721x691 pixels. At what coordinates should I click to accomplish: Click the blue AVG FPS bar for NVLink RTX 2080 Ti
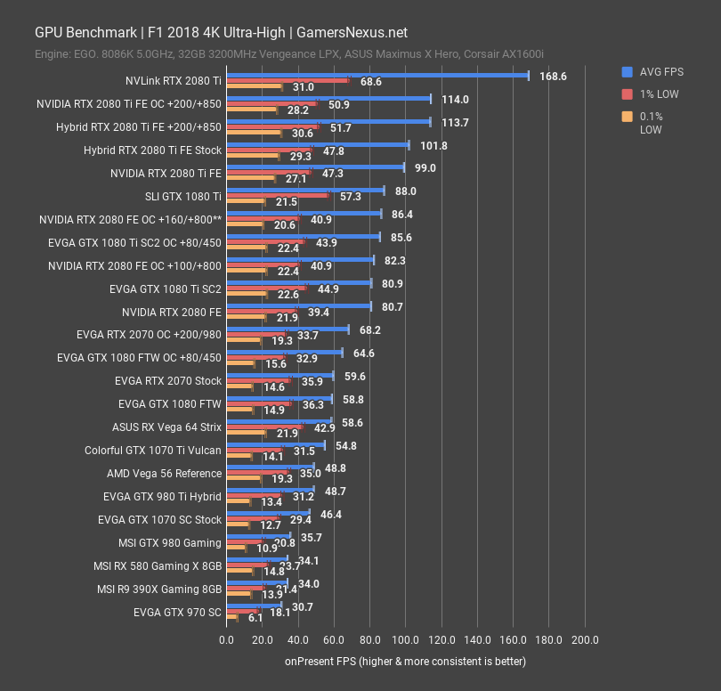377,76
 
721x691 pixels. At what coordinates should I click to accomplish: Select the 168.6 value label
553,77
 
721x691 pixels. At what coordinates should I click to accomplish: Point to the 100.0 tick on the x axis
406,640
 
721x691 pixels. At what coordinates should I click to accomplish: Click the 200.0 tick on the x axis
585,640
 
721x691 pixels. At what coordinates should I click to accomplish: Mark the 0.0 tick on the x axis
227,640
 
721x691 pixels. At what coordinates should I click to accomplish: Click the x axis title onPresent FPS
405,662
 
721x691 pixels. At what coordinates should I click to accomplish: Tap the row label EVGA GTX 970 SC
177,613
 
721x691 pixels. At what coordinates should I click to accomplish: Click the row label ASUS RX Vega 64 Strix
166,427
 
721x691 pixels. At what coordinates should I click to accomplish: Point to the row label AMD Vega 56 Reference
164,474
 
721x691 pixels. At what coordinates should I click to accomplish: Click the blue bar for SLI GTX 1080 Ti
305,191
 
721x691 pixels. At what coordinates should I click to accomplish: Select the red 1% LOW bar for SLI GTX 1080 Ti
278,196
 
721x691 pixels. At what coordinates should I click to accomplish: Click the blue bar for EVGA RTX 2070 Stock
279,376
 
